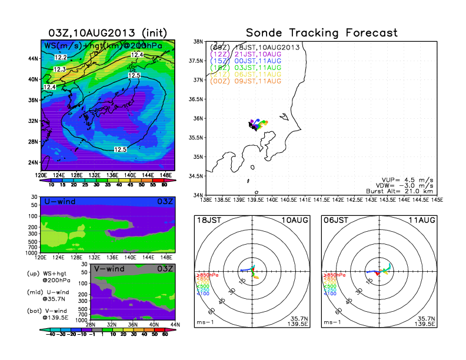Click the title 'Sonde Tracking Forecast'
[x=322, y=33]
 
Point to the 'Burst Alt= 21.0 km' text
[x=404, y=191]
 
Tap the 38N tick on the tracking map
[x=198, y=42]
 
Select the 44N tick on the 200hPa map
[x=33, y=59]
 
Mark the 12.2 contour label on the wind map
[x=60, y=57]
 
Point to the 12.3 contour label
[x=59, y=69]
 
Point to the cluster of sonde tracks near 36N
[x=257, y=124]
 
